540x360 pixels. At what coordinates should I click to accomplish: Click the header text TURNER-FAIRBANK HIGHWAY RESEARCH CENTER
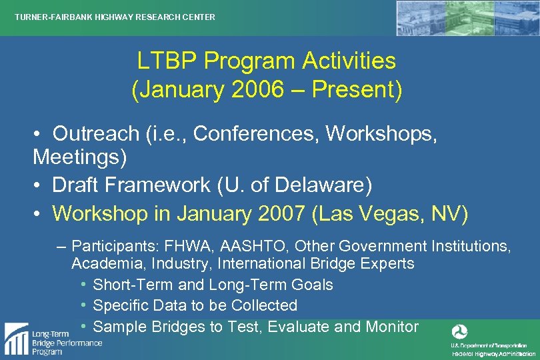pos(115,17)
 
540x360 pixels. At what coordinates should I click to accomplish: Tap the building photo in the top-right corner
pos(467,18)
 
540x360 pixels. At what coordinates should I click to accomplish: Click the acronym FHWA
pos(194,246)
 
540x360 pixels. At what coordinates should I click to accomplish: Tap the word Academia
pos(105,263)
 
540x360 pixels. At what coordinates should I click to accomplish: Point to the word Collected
pos(264,305)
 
